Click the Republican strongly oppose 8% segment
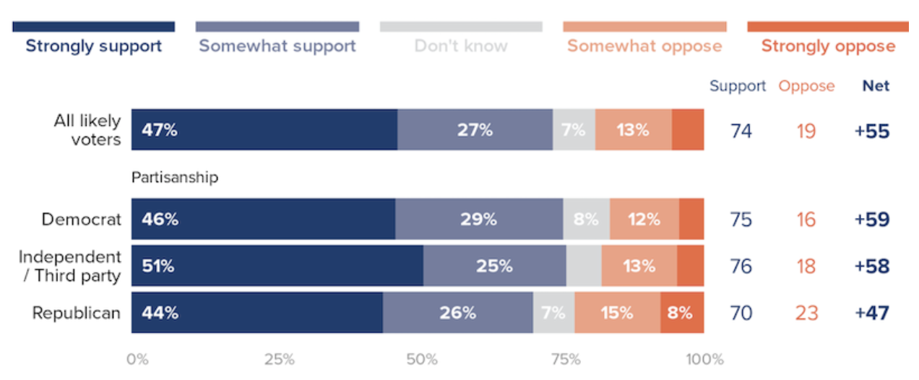[x=681, y=313]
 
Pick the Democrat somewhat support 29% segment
[x=479, y=220]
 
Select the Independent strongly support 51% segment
[x=277, y=266]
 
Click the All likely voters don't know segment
[x=574, y=130]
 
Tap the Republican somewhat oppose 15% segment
[x=617, y=313]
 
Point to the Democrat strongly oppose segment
[x=691, y=220]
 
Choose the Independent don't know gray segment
[x=584, y=266]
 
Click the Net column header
[x=876, y=86]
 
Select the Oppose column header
[x=806, y=86]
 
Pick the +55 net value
[x=871, y=131]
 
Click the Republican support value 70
[x=741, y=313]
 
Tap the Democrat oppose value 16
[x=806, y=220]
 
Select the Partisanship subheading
[x=174, y=177]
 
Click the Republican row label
[x=76, y=313]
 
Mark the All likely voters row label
[x=87, y=130]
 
